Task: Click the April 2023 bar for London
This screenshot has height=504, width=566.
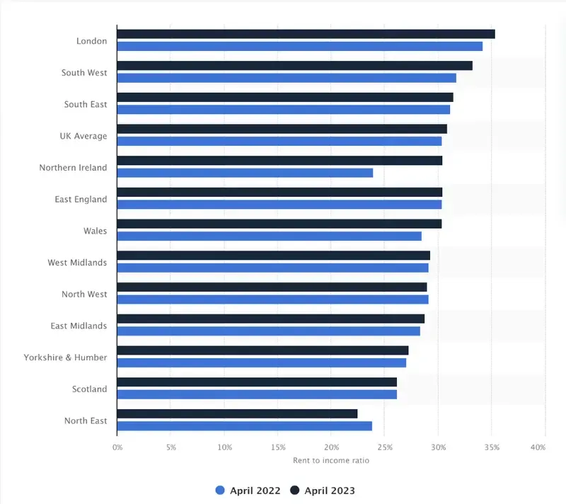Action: tap(306, 34)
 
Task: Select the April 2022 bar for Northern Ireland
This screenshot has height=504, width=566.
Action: tap(245, 173)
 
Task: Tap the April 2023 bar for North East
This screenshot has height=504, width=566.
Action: tap(237, 413)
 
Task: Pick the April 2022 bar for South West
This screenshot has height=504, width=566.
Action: tap(287, 78)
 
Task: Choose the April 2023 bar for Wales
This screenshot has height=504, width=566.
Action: tap(279, 224)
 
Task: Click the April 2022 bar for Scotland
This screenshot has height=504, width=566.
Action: tap(257, 394)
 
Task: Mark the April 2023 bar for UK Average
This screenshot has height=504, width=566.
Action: tap(282, 129)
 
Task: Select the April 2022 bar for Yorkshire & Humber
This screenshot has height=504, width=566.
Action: tap(262, 362)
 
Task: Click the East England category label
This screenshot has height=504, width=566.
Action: tap(81, 200)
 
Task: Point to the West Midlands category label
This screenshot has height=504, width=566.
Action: tap(77, 263)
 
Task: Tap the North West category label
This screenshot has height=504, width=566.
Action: tap(84, 294)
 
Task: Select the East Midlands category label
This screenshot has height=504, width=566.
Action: tap(79, 326)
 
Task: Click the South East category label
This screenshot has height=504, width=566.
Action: tap(86, 105)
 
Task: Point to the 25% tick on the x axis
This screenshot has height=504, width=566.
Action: tap(385, 447)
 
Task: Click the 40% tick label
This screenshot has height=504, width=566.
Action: tap(538, 447)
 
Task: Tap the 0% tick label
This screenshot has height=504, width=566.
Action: tap(117, 447)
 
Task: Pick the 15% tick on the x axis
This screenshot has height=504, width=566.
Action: tap(277, 447)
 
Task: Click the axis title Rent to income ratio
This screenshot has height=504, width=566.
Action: tap(331, 461)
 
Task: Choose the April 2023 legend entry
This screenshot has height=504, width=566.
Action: tap(323, 491)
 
